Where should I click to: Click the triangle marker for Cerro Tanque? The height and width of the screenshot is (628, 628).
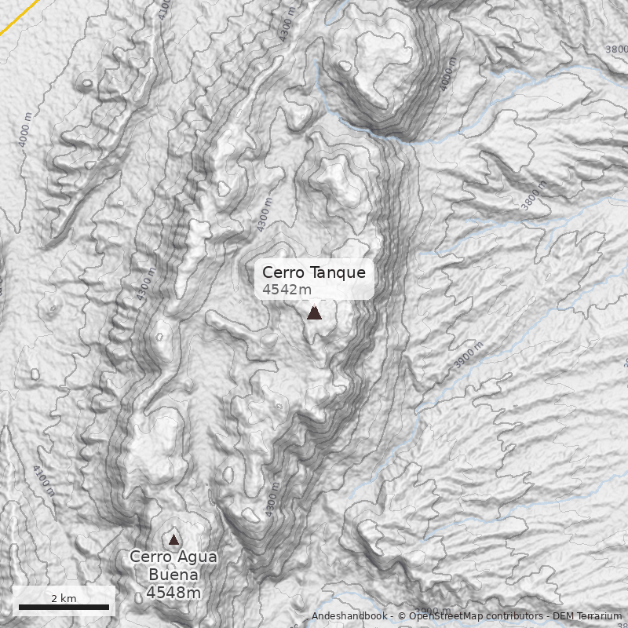coord(314,312)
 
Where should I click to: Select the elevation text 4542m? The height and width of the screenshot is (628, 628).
coord(281,290)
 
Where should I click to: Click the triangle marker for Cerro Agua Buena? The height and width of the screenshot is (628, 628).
coord(173,539)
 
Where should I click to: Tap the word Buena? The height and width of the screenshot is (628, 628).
coord(173,574)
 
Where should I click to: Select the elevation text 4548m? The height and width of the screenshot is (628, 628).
coord(173,593)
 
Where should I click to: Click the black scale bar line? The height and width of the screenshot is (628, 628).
coord(64,607)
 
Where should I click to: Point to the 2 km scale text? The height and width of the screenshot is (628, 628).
coord(64,598)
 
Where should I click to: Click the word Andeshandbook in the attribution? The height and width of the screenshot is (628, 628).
coord(349,616)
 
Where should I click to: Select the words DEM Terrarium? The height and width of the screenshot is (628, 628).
coord(588,616)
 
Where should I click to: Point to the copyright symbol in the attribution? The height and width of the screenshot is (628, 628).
coord(402,616)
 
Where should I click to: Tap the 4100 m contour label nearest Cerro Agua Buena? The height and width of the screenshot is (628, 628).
coord(44,480)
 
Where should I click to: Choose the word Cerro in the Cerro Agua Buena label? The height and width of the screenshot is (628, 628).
coord(149,557)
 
